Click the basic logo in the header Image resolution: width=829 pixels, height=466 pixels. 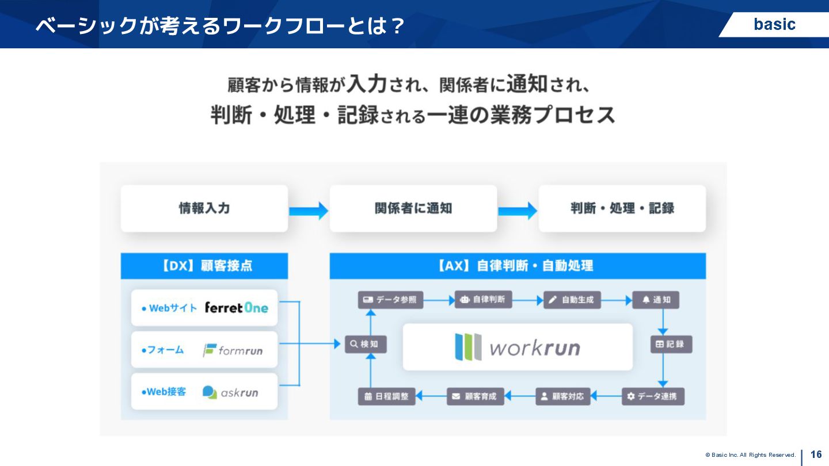click(x=774, y=24)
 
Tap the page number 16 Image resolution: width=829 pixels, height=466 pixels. click(x=816, y=454)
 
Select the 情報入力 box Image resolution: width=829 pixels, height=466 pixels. click(x=204, y=208)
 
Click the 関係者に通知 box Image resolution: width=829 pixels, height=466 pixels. click(x=413, y=208)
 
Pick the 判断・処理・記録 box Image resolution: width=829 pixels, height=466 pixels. click(x=622, y=208)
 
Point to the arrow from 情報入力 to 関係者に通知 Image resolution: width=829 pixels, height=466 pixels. click(x=309, y=211)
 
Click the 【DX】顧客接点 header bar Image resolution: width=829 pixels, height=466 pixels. click(x=204, y=266)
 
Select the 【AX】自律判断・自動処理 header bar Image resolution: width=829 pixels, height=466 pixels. click(x=518, y=266)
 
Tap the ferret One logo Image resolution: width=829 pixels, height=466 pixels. click(x=237, y=308)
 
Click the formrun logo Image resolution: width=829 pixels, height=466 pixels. click(x=233, y=350)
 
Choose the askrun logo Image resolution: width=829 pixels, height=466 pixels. click(x=230, y=392)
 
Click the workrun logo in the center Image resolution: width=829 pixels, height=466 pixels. click(x=518, y=347)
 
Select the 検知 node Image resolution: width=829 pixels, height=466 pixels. click(x=366, y=344)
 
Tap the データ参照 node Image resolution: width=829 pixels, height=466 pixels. click(x=390, y=300)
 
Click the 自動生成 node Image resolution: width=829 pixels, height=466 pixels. click(x=573, y=300)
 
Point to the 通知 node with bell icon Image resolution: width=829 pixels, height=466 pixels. click(x=656, y=300)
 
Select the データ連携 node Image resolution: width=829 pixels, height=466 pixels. click(x=653, y=396)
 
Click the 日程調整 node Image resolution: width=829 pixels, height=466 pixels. click(x=387, y=396)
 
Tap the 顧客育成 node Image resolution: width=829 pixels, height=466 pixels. click(x=476, y=396)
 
